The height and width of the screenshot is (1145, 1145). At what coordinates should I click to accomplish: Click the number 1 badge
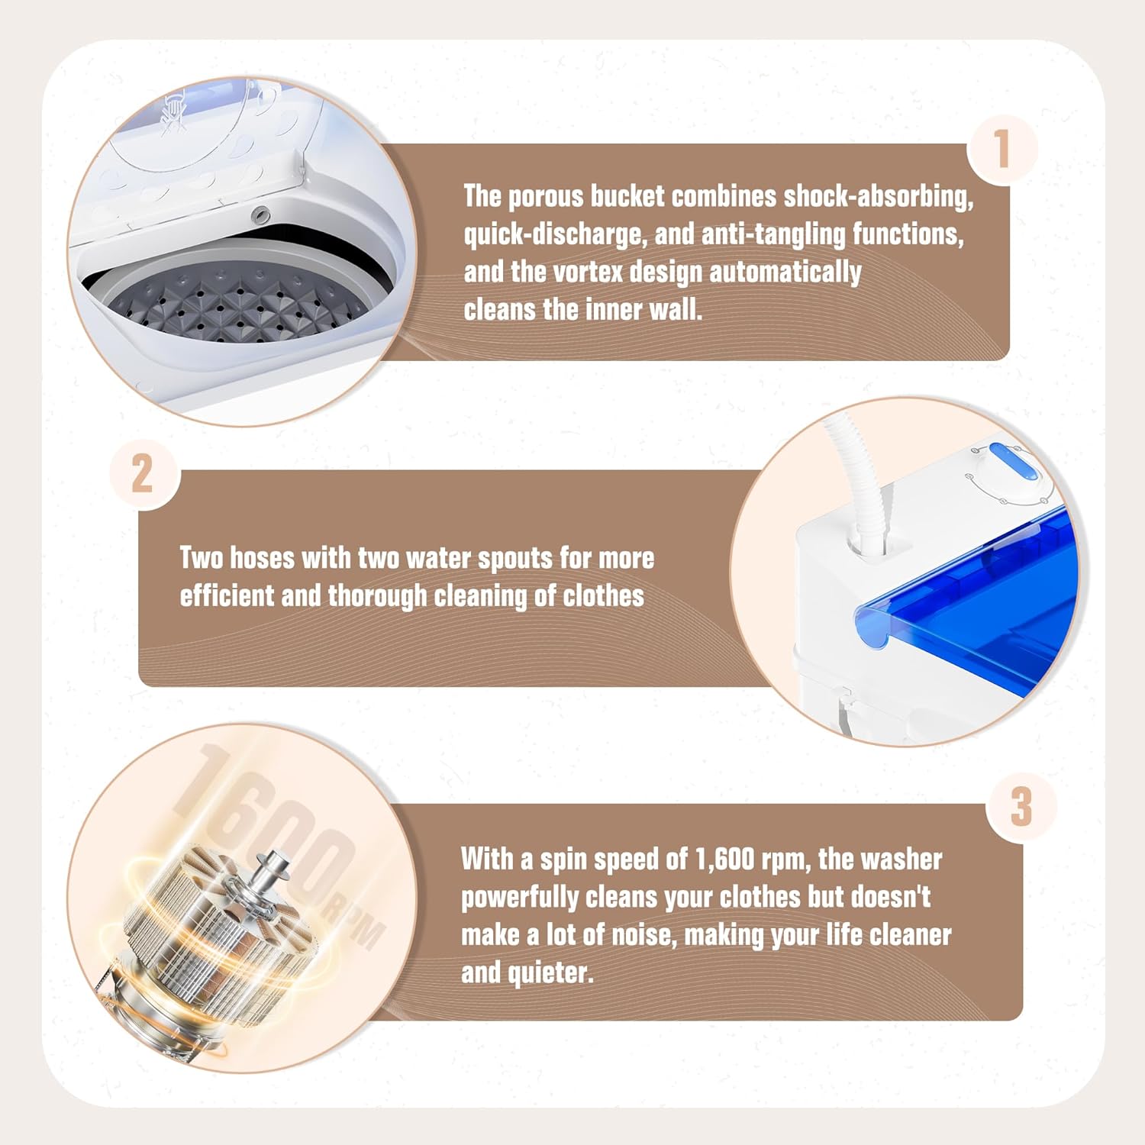(1002, 149)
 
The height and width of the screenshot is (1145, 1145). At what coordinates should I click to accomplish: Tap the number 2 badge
(143, 474)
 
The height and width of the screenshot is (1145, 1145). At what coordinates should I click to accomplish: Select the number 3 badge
(1021, 806)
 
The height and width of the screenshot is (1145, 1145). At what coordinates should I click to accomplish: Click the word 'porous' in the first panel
(546, 197)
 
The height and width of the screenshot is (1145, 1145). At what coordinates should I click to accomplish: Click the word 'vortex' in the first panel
(587, 272)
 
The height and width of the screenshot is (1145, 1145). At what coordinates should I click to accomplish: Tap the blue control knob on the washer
(1011, 463)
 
